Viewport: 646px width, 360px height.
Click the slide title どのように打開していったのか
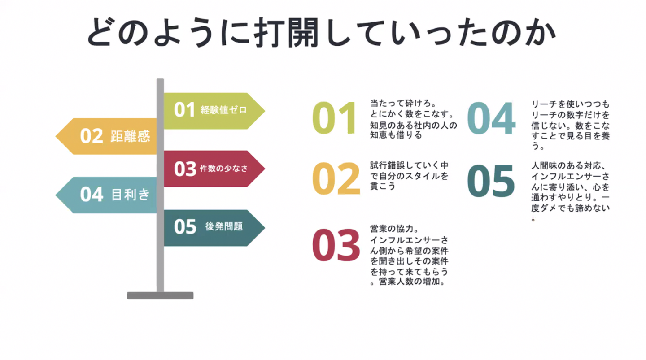click(x=321, y=32)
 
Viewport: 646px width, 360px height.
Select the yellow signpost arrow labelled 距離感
click(x=108, y=136)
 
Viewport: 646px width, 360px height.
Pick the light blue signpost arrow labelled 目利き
click(x=108, y=195)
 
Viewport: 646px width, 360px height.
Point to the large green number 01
click(x=335, y=118)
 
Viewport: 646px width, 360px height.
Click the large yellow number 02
click(x=336, y=178)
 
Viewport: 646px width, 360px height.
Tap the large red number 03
click(x=336, y=246)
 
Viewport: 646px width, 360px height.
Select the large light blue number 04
click(x=491, y=118)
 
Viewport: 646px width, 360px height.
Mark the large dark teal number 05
click(x=491, y=182)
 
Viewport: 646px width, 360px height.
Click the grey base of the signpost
click(x=160, y=295)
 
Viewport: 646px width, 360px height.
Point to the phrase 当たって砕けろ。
click(x=397, y=103)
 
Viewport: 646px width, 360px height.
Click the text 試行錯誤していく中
click(x=409, y=165)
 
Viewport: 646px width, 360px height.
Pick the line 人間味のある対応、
click(x=569, y=165)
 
